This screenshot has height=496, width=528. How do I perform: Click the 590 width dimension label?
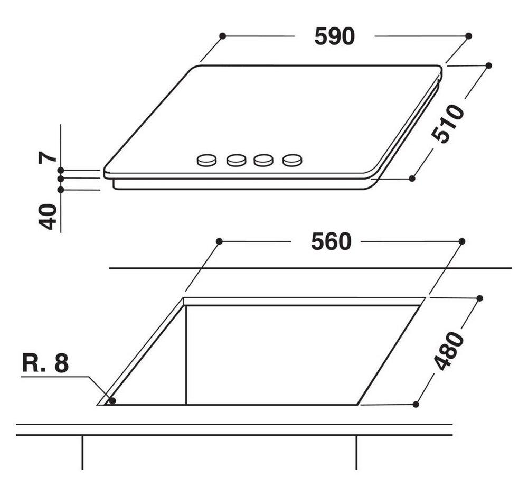coord(334,36)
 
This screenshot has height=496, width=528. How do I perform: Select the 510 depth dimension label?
coord(448,123)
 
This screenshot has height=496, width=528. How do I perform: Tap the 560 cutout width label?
coord(331,241)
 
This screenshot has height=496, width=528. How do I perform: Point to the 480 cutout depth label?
coord(449,351)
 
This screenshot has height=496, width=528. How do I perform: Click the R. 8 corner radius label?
coord(45,363)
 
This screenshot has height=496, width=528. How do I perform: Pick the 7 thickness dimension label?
coord(48,157)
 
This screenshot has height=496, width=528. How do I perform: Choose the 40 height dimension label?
coord(48,217)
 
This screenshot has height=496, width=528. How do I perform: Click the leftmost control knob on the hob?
coord(206,160)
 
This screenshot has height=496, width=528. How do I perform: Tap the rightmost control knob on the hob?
coord(293,160)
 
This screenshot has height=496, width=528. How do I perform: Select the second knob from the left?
coord(237,160)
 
